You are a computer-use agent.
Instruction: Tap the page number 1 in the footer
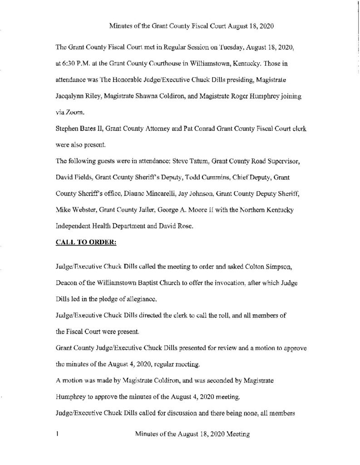pos(57,435)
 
